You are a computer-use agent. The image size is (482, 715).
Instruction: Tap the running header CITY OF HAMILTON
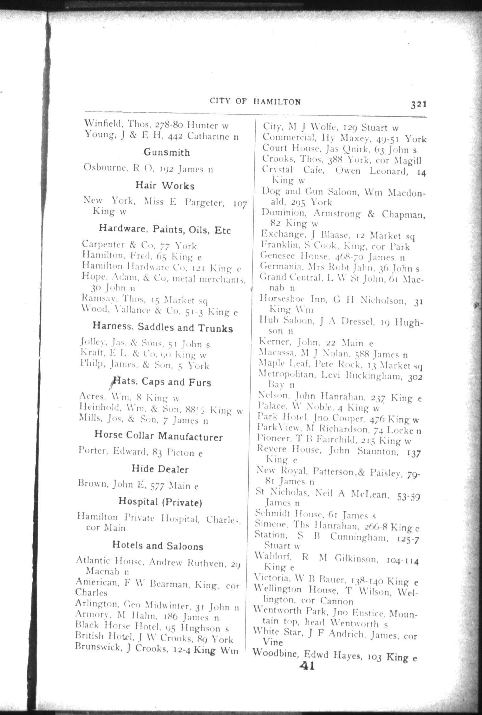click(255, 101)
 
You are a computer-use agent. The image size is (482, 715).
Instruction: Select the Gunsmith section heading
click(167, 152)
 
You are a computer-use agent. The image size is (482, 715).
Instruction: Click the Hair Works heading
click(165, 185)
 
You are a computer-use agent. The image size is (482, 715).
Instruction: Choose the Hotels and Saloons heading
click(158, 546)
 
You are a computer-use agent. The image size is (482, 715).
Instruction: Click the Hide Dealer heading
click(160, 469)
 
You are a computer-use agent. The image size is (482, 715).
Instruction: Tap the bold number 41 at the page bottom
click(307, 666)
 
